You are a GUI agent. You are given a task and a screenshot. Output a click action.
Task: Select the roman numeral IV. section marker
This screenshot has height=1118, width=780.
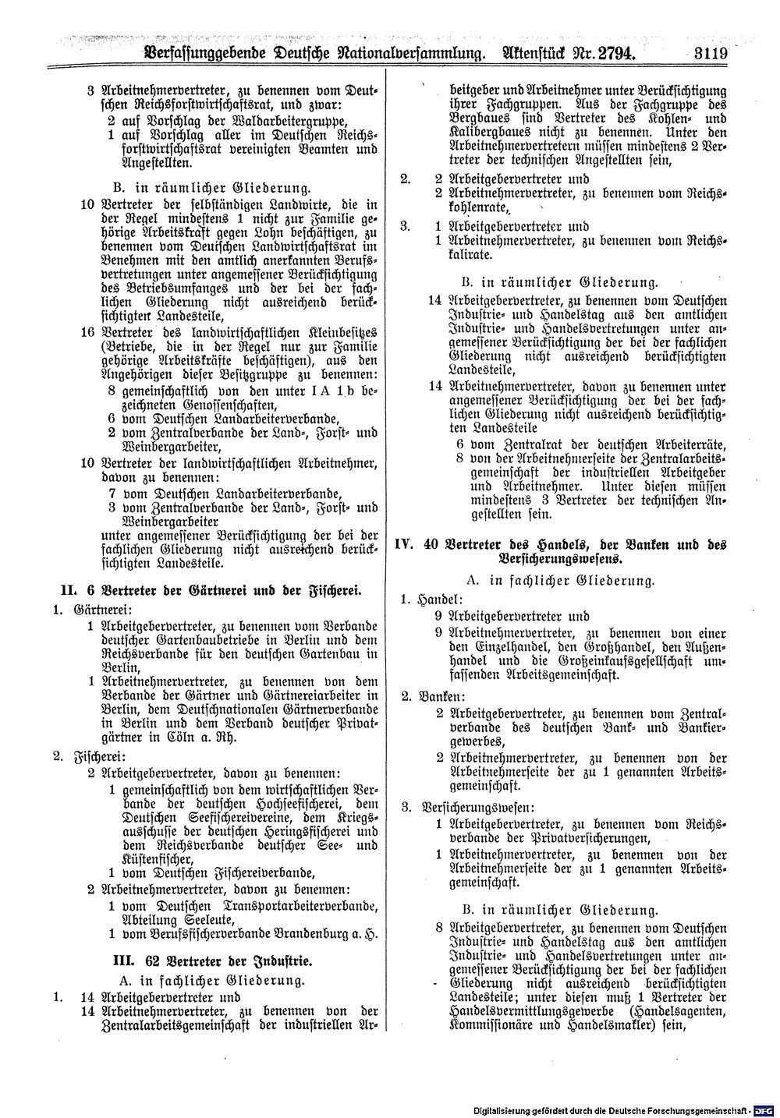(405, 544)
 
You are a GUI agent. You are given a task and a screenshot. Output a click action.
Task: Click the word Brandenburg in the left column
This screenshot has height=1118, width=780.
(300, 932)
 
